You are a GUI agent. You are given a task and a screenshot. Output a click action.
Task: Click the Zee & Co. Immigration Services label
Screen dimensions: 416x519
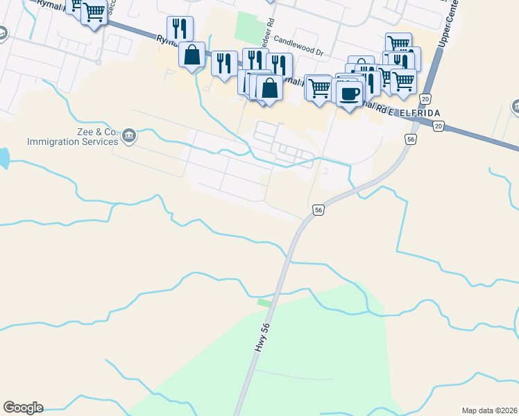pos(73,137)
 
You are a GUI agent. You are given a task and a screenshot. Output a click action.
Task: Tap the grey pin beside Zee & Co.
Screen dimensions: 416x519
pos(128,137)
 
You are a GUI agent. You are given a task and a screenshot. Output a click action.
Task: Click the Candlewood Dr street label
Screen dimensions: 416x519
pos(299,47)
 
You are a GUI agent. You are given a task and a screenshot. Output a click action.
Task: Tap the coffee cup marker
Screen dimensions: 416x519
pos(350,92)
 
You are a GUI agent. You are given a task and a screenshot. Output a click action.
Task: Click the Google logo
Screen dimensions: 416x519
pos(23,408)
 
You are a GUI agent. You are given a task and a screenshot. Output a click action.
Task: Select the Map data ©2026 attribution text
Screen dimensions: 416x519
pos(489,410)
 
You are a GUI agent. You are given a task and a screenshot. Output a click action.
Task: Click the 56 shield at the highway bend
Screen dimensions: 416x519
pos(318,209)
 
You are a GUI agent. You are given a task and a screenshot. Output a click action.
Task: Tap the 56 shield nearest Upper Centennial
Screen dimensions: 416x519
pos(411,139)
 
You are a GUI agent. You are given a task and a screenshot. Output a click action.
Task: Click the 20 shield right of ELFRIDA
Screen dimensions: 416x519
pos(438,125)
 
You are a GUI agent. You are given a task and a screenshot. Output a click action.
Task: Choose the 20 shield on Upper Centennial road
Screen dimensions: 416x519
pos(425,99)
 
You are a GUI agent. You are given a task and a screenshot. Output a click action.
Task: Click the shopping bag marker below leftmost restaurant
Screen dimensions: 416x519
pos(192,55)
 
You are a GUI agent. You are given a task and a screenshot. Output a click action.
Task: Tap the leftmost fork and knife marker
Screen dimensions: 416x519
pos(179,29)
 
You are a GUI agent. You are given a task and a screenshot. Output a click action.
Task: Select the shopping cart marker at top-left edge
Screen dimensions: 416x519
pos(94,12)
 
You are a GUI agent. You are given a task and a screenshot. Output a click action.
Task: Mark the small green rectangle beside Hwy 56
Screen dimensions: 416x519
pos(264,302)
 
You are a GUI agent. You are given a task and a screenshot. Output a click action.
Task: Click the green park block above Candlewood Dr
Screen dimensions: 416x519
pos(246,26)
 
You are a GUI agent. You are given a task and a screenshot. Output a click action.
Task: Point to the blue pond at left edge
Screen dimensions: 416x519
pos(3,158)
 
